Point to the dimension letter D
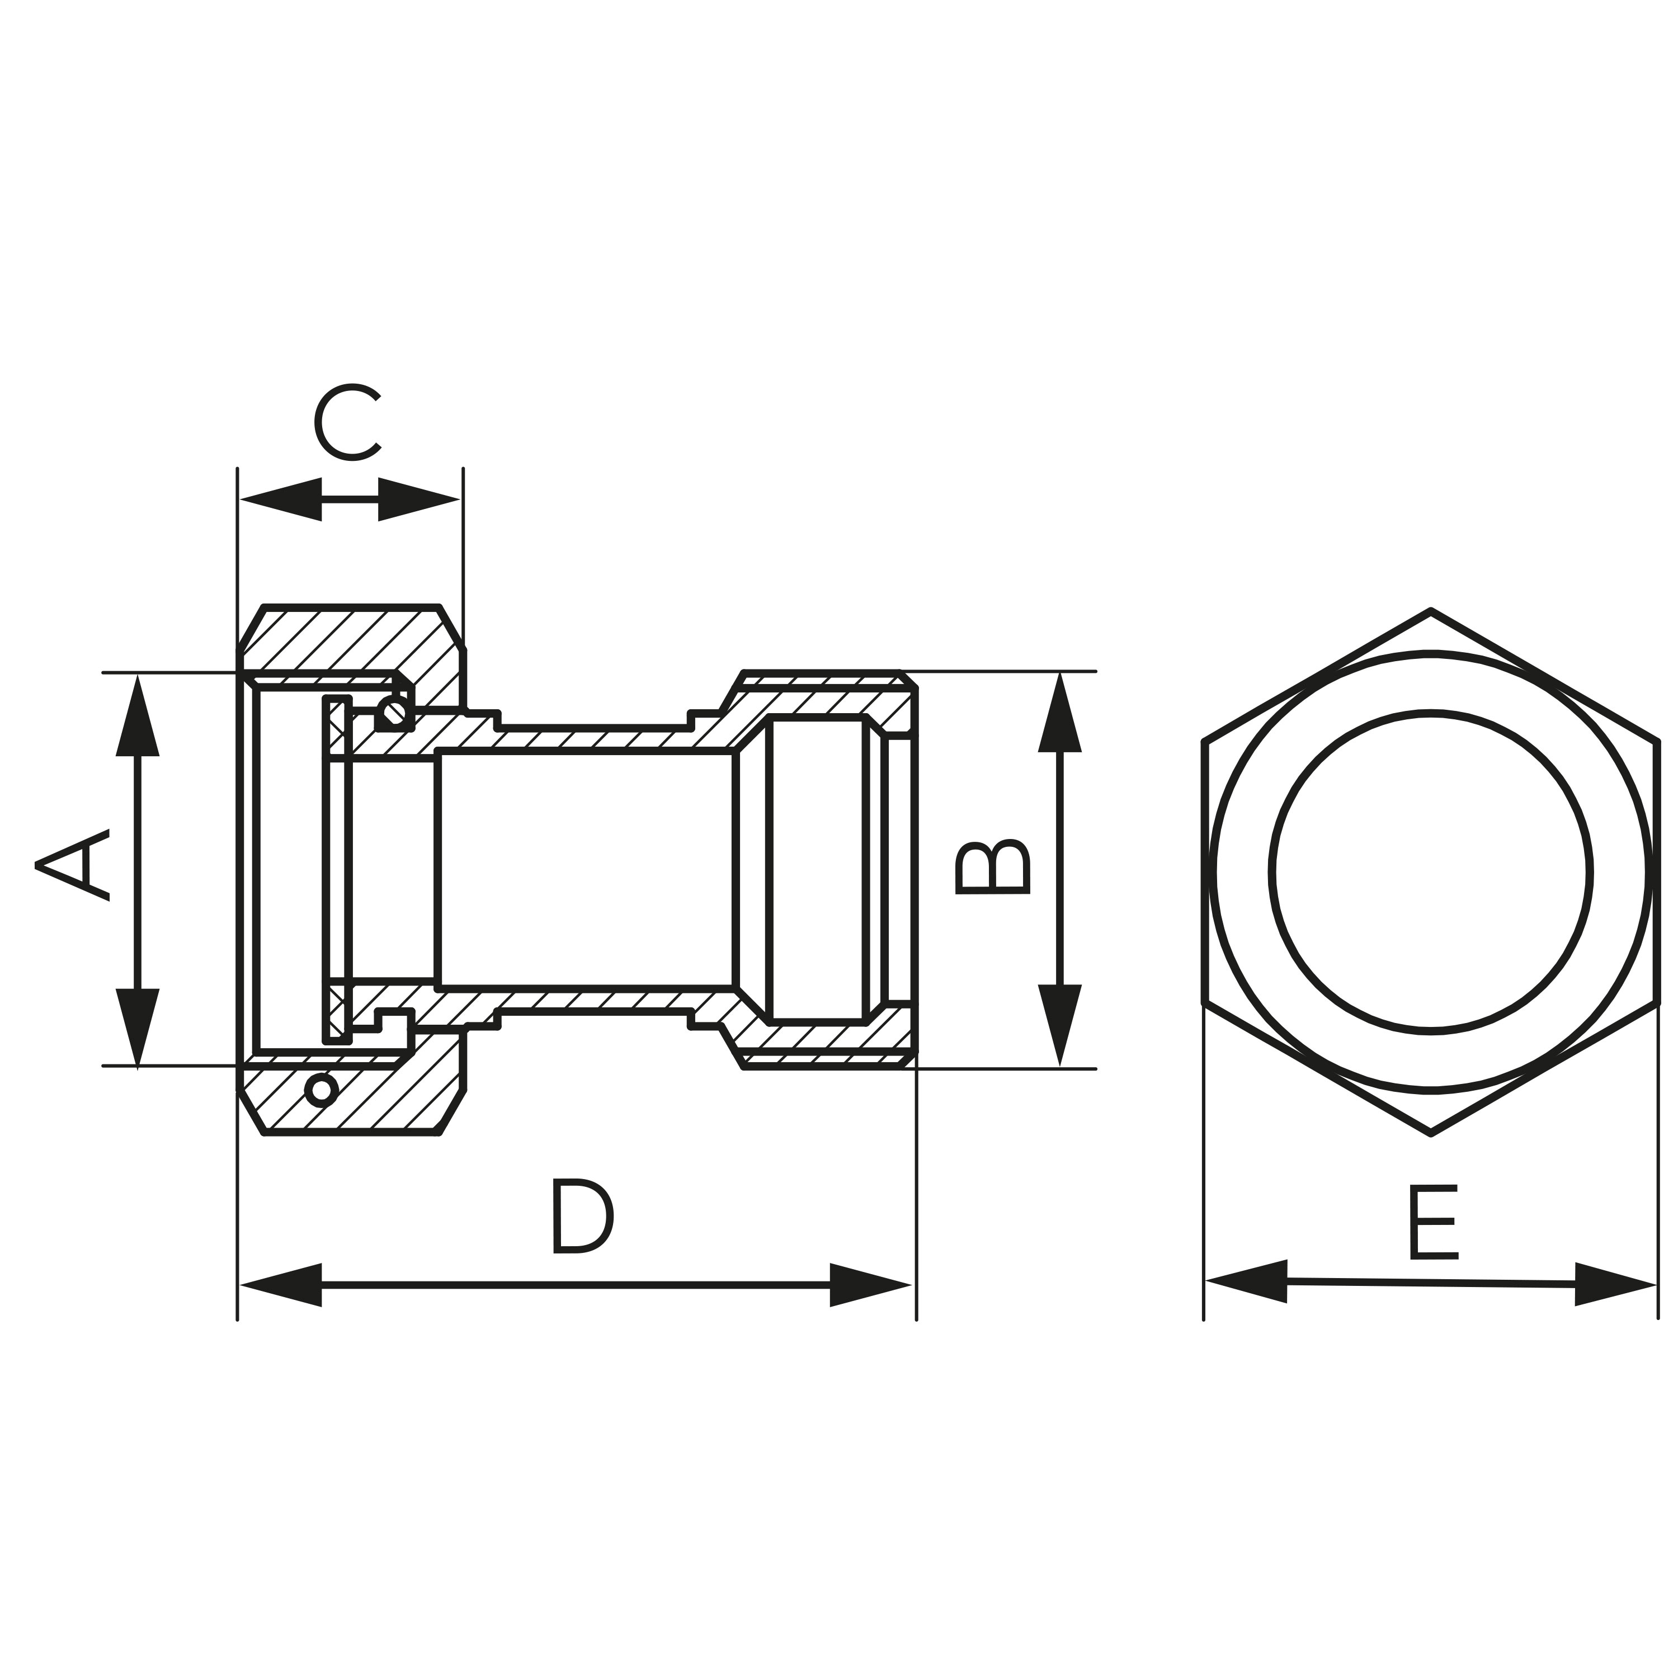click(x=583, y=1216)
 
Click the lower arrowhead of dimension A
click(x=137, y=1026)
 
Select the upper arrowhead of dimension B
click(x=1059, y=712)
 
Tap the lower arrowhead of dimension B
click(x=1059, y=1025)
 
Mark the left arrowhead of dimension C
click(x=281, y=499)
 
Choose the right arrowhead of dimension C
click(x=418, y=499)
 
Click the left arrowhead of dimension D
click(x=281, y=1285)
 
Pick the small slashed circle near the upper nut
click(x=395, y=712)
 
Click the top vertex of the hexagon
click(x=1430, y=610)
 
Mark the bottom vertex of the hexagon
click(x=1430, y=1133)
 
